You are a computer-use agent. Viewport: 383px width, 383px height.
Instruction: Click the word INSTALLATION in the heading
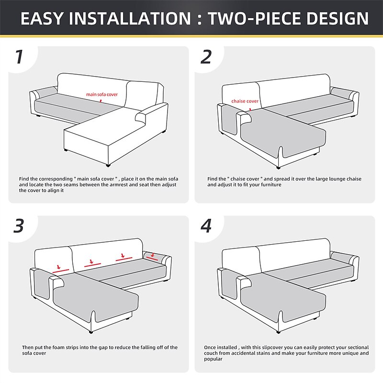[x=130, y=18]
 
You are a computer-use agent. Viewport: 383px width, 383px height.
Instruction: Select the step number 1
[x=19, y=56]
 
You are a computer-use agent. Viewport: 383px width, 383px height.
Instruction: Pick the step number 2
[x=206, y=56]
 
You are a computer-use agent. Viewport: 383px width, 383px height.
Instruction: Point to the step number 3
[x=19, y=226]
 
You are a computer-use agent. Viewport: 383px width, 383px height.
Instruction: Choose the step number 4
[x=206, y=226]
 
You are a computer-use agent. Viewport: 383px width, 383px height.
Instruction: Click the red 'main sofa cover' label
[x=102, y=94]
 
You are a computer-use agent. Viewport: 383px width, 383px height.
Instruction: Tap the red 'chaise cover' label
[x=245, y=101]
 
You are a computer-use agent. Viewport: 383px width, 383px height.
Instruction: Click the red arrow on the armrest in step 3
[x=153, y=256]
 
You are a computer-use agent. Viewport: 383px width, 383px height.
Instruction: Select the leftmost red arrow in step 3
[x=58, y=267]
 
